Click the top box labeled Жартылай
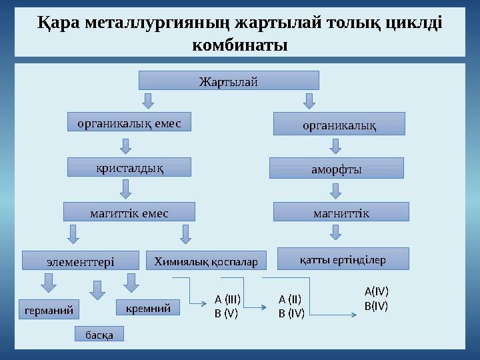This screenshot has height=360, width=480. click(x=228, y=81)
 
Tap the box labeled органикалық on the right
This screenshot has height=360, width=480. click(x=340, y=124)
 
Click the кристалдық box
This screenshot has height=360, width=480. click(x=129, y=167)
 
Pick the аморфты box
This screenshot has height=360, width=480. click(x=336, y=168)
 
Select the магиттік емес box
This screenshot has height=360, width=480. click(x=129, y=212)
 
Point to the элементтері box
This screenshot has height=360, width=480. click(x=81, y=261)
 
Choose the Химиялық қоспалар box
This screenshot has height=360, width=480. click(x=206, y=261)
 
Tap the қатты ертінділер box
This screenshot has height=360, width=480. click(x=342, y=259)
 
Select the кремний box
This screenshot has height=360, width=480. click(x=148, y=307)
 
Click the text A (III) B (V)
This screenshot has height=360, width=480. click(x=227, y=306)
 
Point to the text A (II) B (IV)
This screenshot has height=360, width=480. click(x=291, y=306)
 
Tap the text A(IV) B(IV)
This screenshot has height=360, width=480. click(x=376, y=299)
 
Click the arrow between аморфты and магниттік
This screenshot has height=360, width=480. click(x=336, y=191)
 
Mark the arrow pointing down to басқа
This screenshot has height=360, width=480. click(x=98, y=290)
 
